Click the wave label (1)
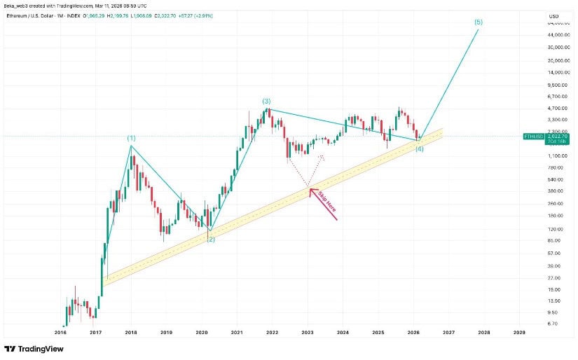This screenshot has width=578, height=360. pos(132,138)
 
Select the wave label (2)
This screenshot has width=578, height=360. pos(210,240)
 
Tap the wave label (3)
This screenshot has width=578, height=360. pos(266,102)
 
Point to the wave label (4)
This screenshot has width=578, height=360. pos(420,149)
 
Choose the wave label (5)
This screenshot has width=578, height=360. pos(478,22)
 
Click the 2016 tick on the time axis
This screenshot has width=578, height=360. pos(60,333)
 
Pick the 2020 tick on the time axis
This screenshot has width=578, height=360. pos(202,333)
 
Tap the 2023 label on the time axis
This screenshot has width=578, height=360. pos(308,333)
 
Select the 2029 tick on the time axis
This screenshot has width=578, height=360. pos(519,333)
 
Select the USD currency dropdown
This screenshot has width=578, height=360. pos(553,16)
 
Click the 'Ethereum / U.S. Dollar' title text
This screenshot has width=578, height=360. pos(32,15)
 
